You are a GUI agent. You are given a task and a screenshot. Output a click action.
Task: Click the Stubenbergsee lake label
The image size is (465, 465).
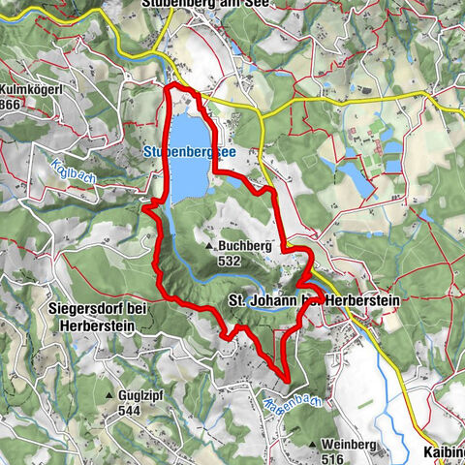[187, 152]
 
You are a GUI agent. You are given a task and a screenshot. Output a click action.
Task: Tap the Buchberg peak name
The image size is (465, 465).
[242, 247]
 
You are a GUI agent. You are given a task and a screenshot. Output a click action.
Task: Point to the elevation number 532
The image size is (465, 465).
[230, 261]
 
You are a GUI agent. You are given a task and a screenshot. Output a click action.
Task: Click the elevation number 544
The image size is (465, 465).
[128, 411]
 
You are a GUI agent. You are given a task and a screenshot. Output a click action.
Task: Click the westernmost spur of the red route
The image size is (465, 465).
[144, 205]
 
